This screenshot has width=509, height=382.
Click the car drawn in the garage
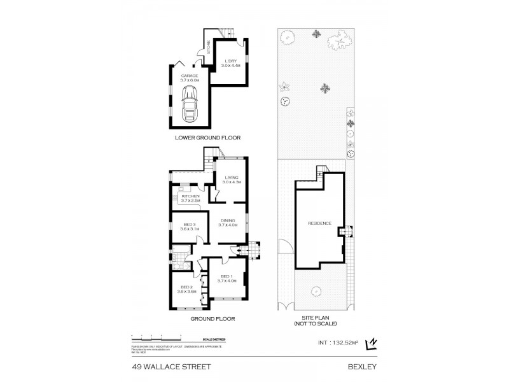pyautogui.click(x=190, y=105)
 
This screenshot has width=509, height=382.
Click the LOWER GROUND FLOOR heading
pyautogui.click(x=204, y=138)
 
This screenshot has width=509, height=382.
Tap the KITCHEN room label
pyautogui.click(x=190, y=196)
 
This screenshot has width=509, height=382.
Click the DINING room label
pyautogui.click(x=227, y=220)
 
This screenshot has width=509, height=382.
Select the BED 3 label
pyautogui.click(x=190, y=224)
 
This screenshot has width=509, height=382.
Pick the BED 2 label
pyautogui.click(x=186, y=287)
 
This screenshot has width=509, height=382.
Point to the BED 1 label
pyautogui.click(x=227, y=276)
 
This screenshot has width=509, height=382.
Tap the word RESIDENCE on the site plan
pyautogui.click(x=319, y=223)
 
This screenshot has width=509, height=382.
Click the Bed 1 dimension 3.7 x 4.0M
pyautogui.click(x=227, y=280)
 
